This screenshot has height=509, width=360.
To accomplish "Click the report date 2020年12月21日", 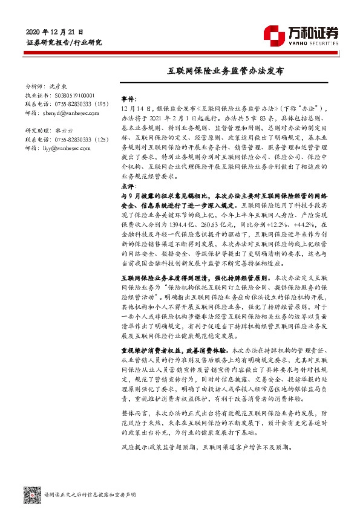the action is (54, 31).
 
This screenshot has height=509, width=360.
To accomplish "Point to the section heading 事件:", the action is (129, 98).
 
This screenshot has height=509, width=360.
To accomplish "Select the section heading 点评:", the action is (129, 187).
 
